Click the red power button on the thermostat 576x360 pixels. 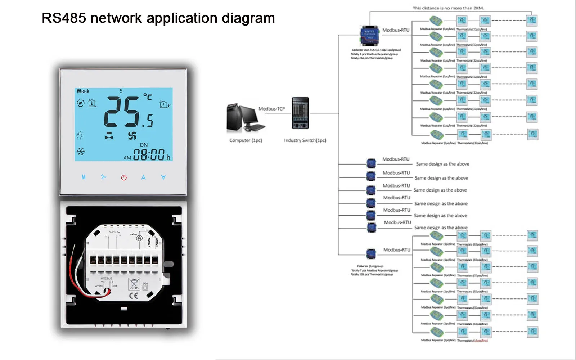[x=124, y=177]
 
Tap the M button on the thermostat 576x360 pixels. [x=84, y=177]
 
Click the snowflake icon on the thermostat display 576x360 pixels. [x=81, y=151]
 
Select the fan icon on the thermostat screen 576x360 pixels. [x=132, y=136]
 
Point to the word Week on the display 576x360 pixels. [x=83, y=91]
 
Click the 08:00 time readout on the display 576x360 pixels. [x=149, y=155]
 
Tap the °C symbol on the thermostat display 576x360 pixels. [x=148, y=97]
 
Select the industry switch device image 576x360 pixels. [x=300, y=113]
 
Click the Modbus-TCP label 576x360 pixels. [x=271, y=109]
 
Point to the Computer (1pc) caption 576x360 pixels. [x=246, y=140]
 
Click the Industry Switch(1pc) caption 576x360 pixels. [x=305, y=140]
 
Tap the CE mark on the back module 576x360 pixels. [x=133, y=296]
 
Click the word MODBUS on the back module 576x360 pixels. [x=106, y=279]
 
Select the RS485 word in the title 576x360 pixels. [x=64, y=18]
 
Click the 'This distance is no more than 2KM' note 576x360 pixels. [x=448, y=8]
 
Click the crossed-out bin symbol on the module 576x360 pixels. [x=134, y=284]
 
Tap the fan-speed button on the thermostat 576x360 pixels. [x=104, y=177]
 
